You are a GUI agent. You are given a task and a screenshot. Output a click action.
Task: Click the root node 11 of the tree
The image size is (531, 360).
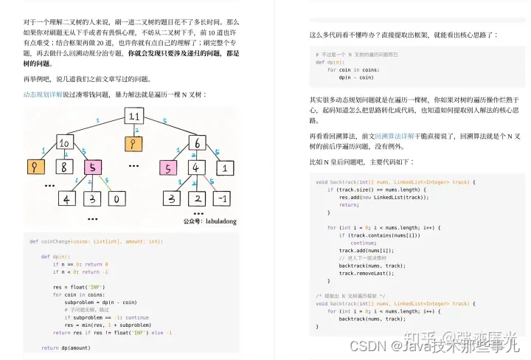pyautogui.click(x=133, y=117)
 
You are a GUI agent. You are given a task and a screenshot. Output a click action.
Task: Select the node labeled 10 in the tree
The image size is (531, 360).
pyautogui.click(x=64, y=142)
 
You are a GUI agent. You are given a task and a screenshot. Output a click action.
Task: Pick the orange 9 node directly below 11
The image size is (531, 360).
pyautogui.click(x=133, y=143)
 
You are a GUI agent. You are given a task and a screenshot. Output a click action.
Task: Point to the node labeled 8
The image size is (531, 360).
pyautogui.click(x=65, y=168)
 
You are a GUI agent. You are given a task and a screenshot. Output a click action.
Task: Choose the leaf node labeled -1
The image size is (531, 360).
pyautogui.click(x=225, y=198)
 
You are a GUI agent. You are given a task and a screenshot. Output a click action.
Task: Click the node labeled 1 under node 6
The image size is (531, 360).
pyautogui.click(x=224, y=168)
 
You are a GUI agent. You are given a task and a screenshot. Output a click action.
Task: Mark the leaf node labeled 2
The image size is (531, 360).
pyautogui.click(x=197, y=198)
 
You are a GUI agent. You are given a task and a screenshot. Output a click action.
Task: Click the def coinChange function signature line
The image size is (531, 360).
pyautogui.click(x=96, y=241)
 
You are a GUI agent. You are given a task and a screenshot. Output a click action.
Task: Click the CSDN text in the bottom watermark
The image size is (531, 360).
pyautogui.click(x=365, y=345)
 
